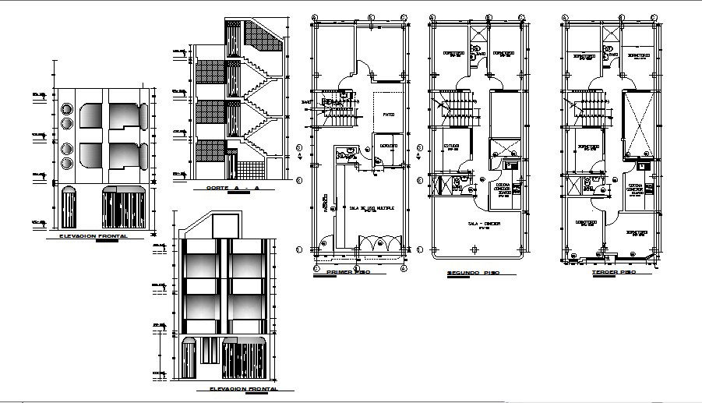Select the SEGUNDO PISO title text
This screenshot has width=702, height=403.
472,274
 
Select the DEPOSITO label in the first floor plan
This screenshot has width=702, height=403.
389,146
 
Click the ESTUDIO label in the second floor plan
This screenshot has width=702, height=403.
453,146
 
